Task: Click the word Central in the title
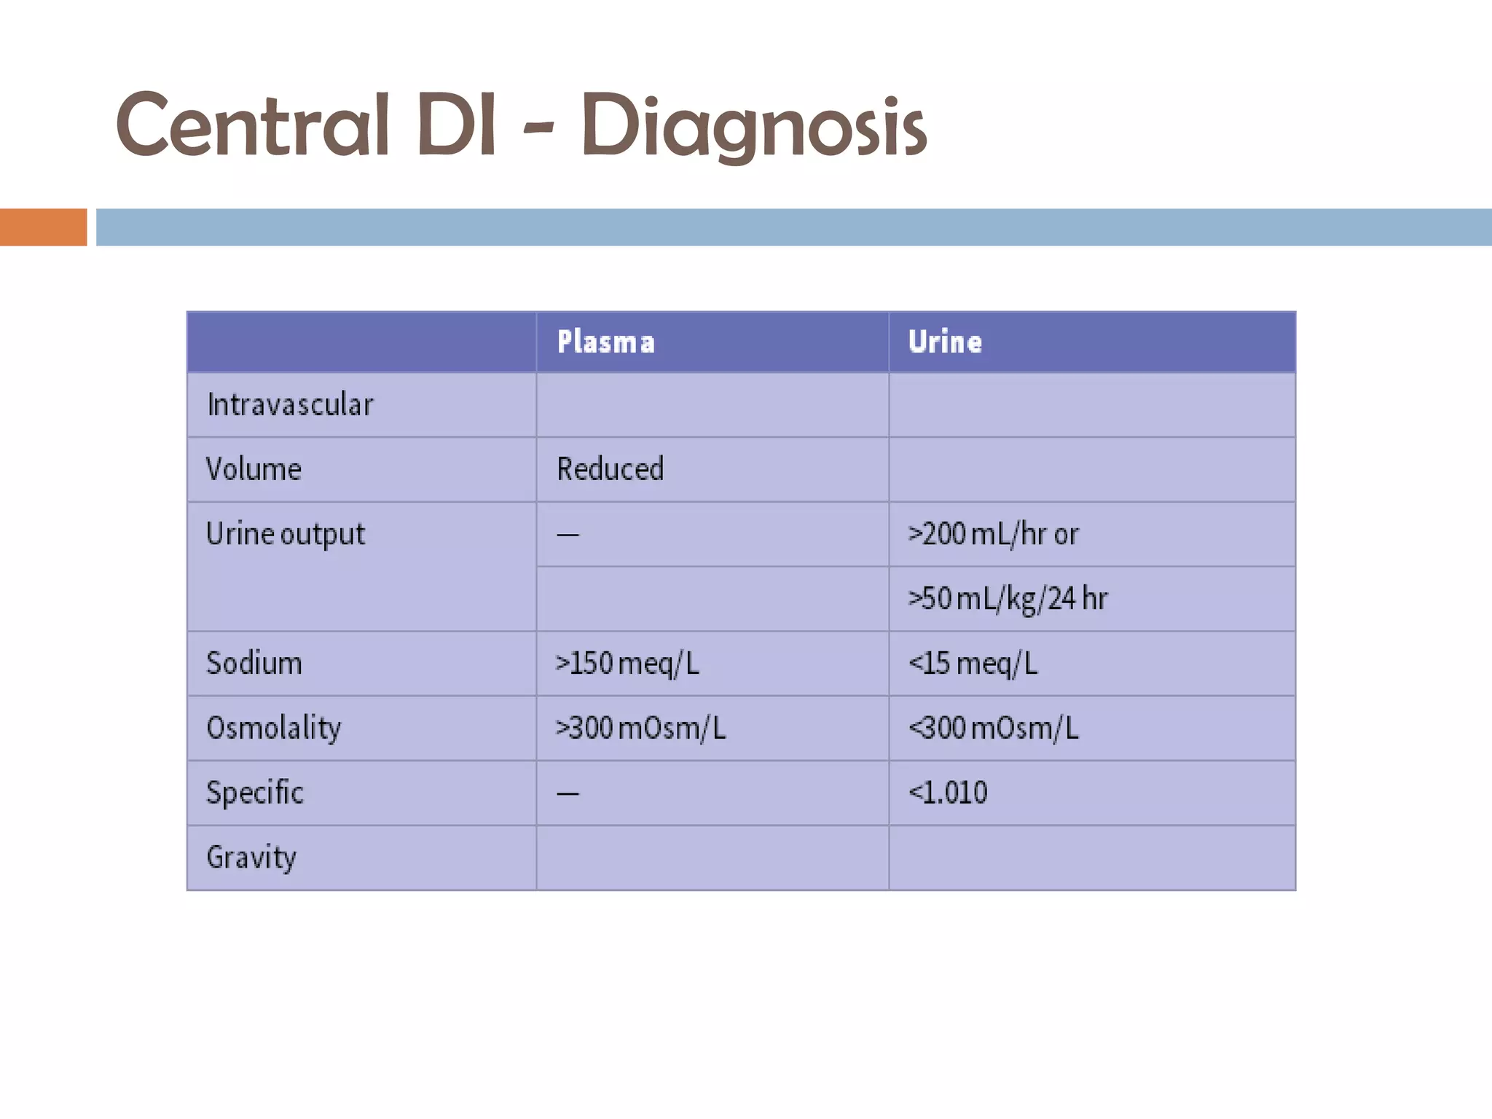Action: tap(252, 125)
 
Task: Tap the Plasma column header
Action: tap(606, 342)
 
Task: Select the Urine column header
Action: tap(945, 342)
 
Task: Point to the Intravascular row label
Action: tap(290, 405)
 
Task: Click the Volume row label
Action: tap(254, 469)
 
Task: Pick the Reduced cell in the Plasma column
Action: tap(610, 469)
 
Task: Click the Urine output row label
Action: tap(286, 534)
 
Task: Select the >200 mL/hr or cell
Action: tap(994, 534)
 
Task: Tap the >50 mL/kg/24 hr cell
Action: tap(1008, 599)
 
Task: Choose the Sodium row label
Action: tap(254, 664)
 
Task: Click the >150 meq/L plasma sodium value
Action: tap(627, 664)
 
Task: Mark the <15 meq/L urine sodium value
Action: tap(973, 664)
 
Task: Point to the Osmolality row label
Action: tap(274, 728)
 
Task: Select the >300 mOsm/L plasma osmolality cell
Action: tap(641, 728)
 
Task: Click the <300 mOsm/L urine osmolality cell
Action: tap(994, 728)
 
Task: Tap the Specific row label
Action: tap(255, 793)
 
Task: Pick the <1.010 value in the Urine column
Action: tap(948, 793)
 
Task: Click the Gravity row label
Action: tap(251, 857)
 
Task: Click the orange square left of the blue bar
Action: tap(43, 227)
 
